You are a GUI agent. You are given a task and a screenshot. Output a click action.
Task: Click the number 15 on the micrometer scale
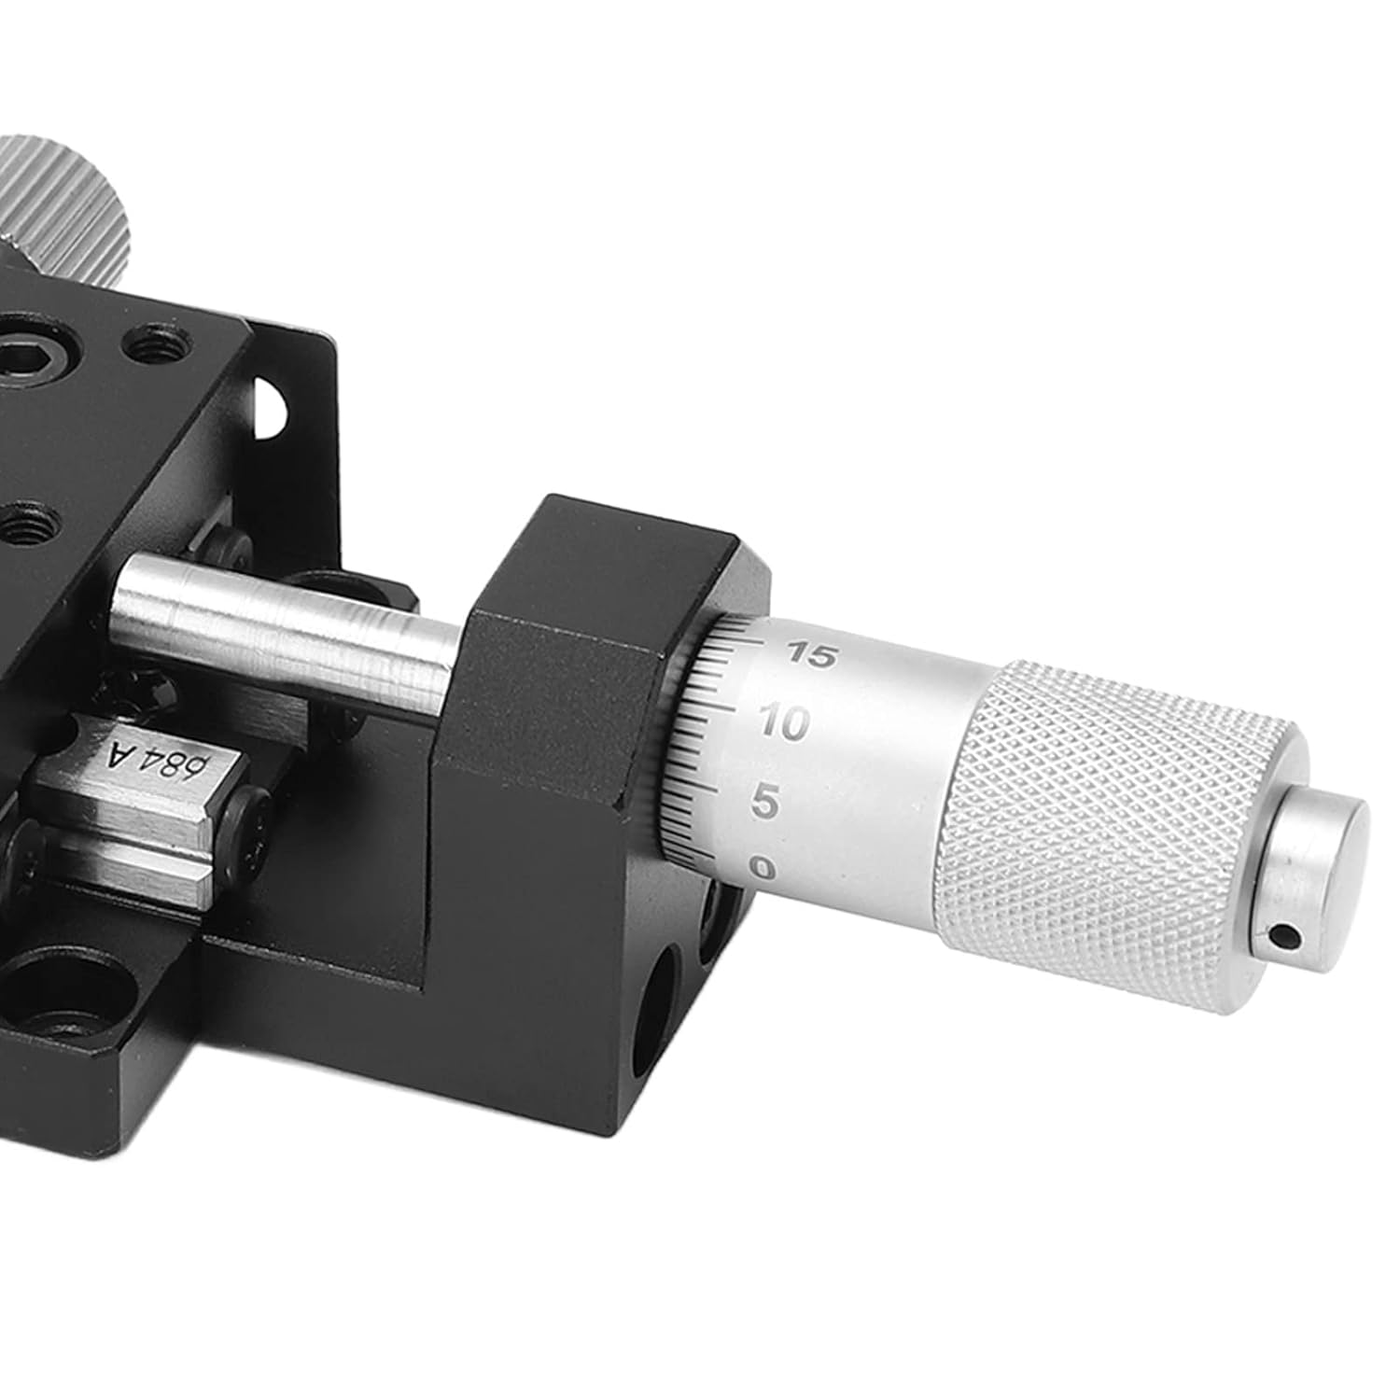point(808,654)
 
